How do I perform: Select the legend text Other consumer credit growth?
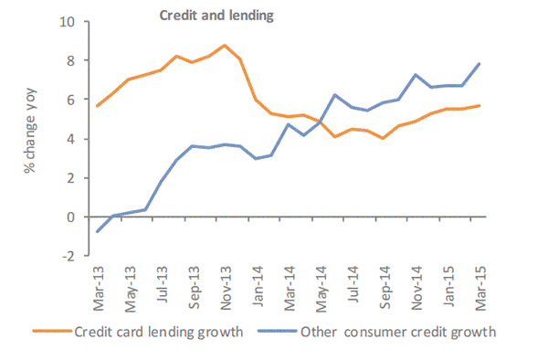tap(398, 332)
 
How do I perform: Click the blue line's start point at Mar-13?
tap(98, 231)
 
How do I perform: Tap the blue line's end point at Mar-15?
tap(479, 64)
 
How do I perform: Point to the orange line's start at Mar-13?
tap(98, 106)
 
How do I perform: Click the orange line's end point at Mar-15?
tap(479, 106)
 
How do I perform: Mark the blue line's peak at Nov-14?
tap(416, 75)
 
